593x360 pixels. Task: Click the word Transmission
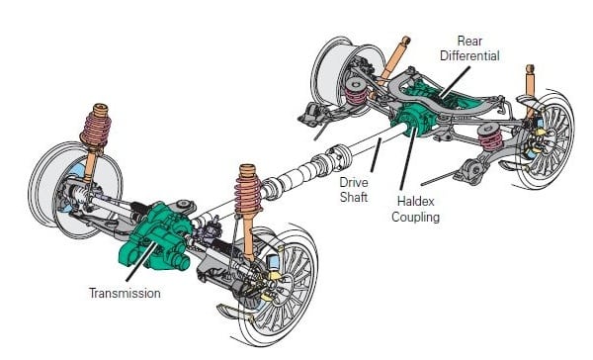coord(125,293)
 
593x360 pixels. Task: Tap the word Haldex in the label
coord(415,201)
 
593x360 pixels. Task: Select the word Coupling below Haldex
coord(415,217)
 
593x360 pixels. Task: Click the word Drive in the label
coord(353,182)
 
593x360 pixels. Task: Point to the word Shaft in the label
coord(353,197)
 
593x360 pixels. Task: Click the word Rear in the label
coord(469,41)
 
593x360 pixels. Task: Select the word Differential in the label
coord(469,56)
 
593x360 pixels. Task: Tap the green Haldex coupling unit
coord(411,120)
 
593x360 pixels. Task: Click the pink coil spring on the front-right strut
coord(248,195)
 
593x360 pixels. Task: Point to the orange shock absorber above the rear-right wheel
coord(530,91)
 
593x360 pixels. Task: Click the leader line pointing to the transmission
coord(141,261)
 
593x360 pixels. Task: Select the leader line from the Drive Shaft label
coord(376,155)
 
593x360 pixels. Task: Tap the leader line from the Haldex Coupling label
coord(409,158)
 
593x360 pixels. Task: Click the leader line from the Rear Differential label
coord(455,81)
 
